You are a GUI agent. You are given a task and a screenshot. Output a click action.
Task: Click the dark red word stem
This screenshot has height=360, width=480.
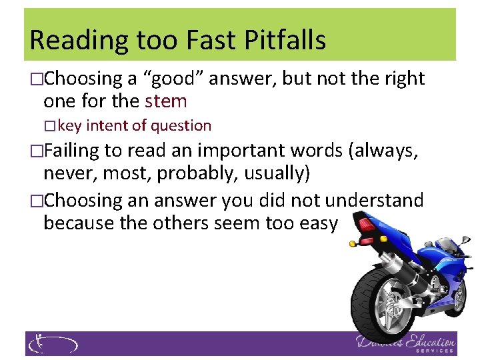166,101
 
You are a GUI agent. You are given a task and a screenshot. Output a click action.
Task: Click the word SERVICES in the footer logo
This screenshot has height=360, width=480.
434,350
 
